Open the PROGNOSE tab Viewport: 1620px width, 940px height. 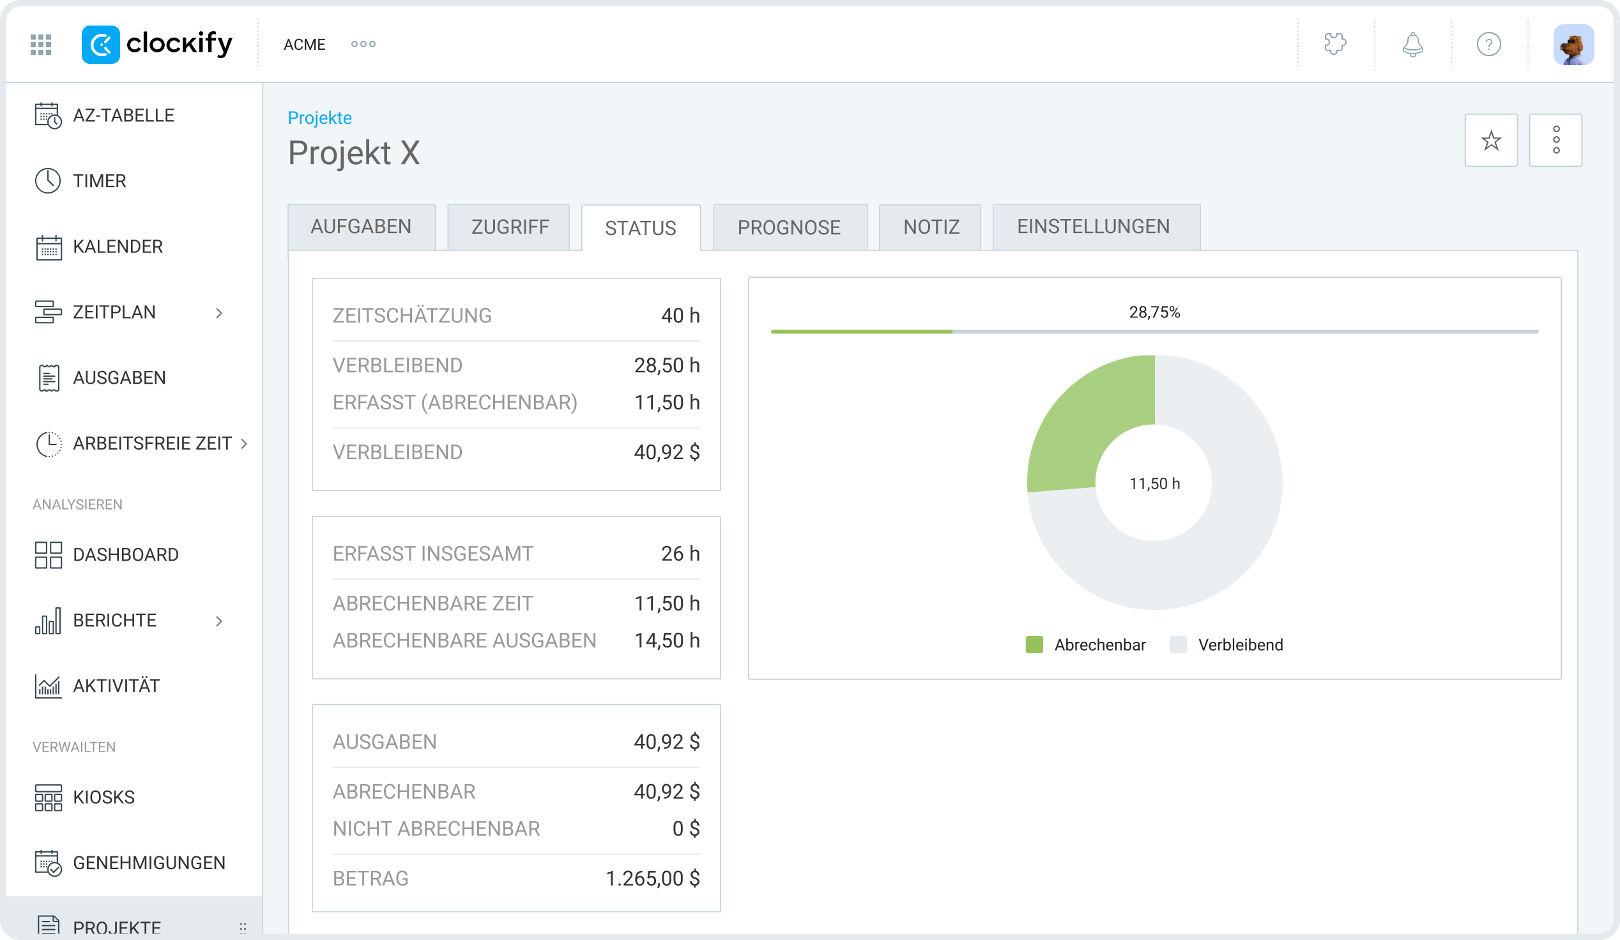click(790, 227)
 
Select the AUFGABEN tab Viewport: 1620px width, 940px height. click(362, 227)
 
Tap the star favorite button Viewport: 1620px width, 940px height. click(1491, 140)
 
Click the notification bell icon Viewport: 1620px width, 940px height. click(1412, 44)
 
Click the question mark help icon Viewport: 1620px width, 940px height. click(1488, 44)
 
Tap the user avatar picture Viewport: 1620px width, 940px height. click(1573, 44)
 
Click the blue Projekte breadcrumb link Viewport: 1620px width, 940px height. click(319, 118)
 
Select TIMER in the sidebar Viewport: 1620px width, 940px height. click(100, 181)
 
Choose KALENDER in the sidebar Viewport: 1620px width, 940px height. click(118, 246)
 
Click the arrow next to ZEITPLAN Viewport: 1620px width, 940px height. click(219, 313)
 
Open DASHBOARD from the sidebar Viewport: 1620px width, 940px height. click(126, 554)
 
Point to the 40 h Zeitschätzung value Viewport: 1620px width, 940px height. click(680, 315)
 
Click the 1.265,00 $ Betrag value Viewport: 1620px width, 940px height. click(652, 878)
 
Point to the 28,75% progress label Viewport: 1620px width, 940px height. click(1154, 312)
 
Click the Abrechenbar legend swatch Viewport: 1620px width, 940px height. click(1034, 644)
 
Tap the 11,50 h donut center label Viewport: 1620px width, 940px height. click(1154, 484)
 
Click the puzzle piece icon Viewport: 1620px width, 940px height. click(1335, 43)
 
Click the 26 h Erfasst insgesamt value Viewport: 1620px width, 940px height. click(680, 554)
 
